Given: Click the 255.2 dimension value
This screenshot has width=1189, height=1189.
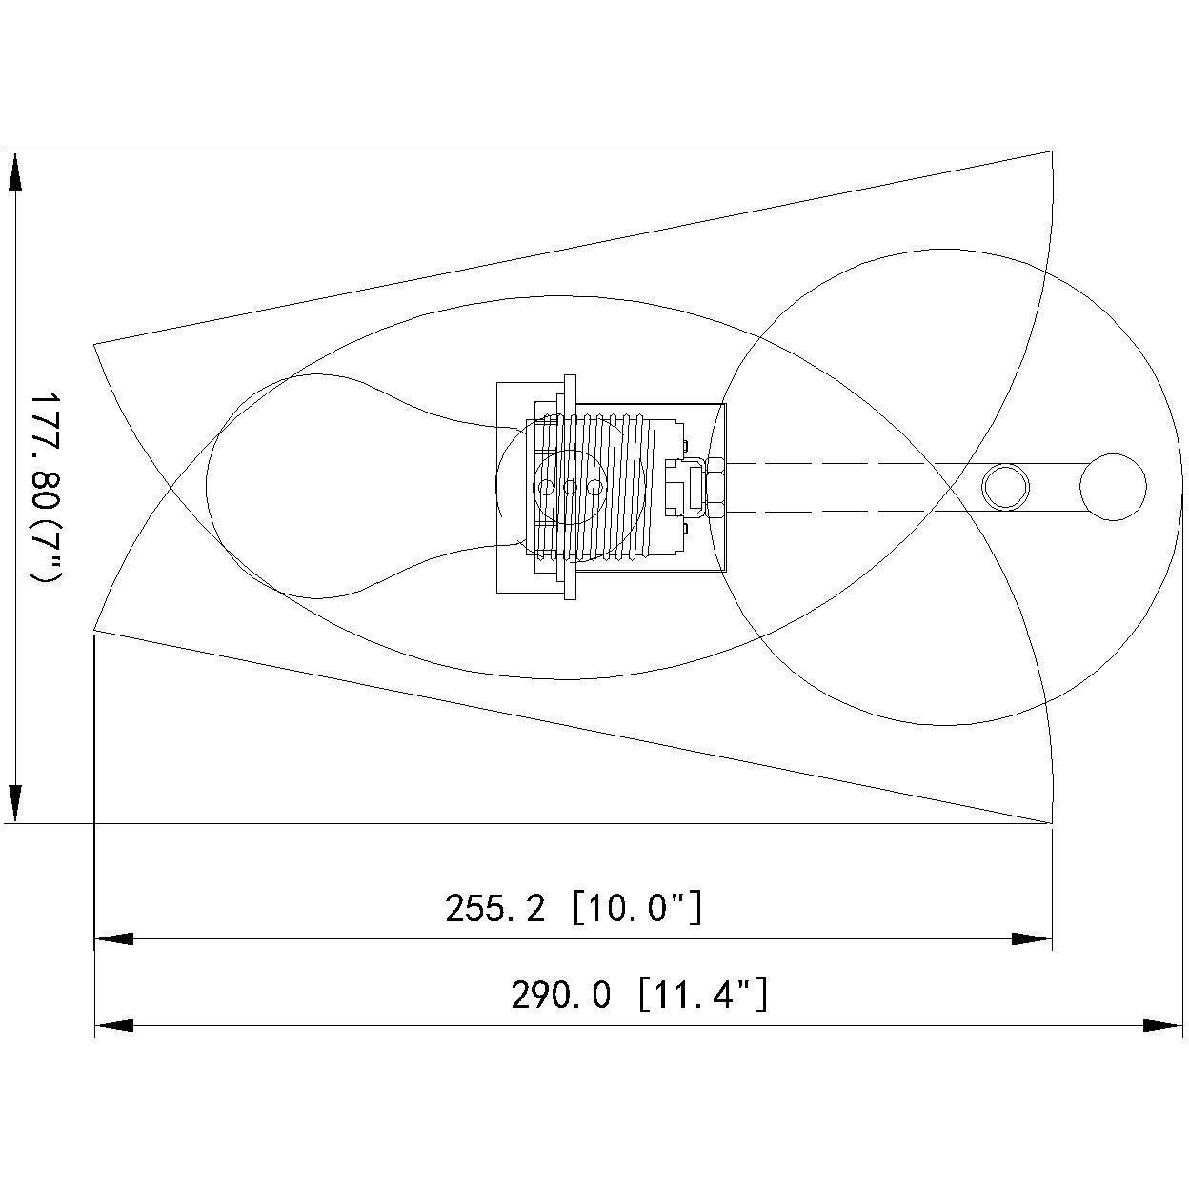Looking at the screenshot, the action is (494, 908).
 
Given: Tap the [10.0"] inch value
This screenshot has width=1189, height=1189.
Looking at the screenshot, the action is (637, 908).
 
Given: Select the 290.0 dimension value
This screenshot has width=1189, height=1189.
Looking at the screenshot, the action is (561, 995).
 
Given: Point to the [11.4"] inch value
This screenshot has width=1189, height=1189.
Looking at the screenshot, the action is (703, 995).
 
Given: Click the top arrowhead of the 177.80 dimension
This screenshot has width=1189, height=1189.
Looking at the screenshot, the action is (15, 173).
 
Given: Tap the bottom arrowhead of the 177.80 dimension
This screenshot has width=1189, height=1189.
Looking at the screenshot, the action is (15, 804).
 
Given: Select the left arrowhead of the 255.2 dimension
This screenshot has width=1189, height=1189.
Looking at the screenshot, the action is (114, 939).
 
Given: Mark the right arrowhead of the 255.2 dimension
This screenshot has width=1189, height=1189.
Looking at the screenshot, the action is (1032, 939).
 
